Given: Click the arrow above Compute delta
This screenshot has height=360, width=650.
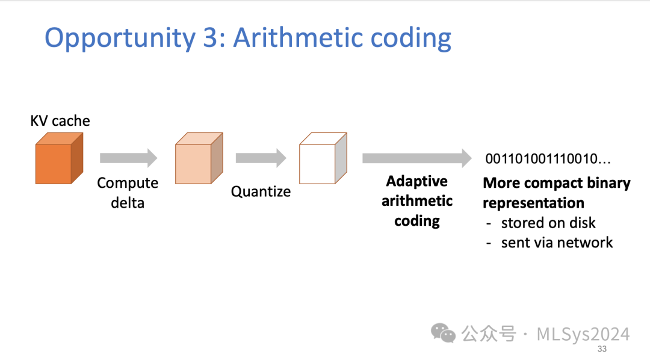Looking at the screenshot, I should tap(128, 158).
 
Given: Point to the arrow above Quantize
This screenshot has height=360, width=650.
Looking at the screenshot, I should tap(260, 158).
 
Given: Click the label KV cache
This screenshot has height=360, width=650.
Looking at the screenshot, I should tap(60, 121).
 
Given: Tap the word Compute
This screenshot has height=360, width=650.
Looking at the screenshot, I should tap(128, 183).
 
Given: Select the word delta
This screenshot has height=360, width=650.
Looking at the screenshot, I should tap(128, 203).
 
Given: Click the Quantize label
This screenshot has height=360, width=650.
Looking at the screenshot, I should tap(261, 191).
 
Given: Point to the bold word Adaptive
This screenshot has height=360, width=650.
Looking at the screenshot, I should tap(416, 181).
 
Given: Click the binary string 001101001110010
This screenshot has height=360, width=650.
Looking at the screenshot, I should tap(548, 159).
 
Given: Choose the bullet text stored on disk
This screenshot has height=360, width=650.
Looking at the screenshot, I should tap(548, 223).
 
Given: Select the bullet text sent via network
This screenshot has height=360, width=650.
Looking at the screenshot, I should tap(557, 243).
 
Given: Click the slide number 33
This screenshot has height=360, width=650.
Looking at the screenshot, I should tap(601, 350).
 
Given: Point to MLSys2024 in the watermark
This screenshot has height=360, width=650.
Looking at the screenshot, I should tap(583, 334).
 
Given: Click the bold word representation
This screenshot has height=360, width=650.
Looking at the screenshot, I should tap(533, 203).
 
